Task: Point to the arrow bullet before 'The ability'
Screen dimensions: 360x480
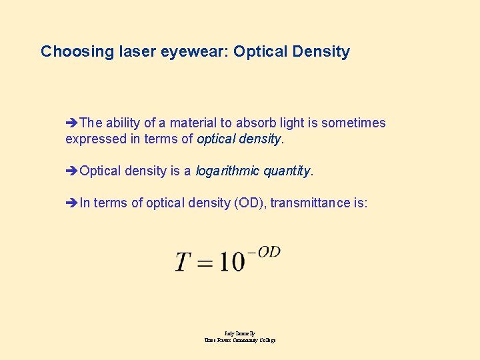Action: point(72,123)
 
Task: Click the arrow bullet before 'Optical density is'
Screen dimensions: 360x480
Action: point(72,171)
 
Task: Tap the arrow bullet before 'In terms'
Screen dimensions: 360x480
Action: point(72,203)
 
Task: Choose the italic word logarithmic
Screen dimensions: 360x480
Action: point(227,171)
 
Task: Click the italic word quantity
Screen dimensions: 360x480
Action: point(287,171)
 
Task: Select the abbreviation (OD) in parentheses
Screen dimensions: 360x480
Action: point(249,203)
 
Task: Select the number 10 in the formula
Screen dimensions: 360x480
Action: point(230,261)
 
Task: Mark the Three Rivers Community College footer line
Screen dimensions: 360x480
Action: point(240,340)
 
